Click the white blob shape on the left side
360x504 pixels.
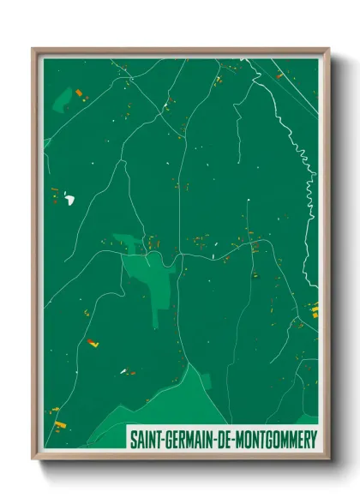click(68, 200)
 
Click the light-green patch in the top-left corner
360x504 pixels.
click(62, 101)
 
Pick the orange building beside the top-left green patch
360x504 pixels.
click(79, 93)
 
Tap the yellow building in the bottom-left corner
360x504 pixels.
click(57, 423)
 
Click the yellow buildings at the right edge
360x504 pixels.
click(314, 309)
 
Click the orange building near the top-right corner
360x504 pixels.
click(279, 76)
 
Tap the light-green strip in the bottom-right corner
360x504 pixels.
click(309, 419)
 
